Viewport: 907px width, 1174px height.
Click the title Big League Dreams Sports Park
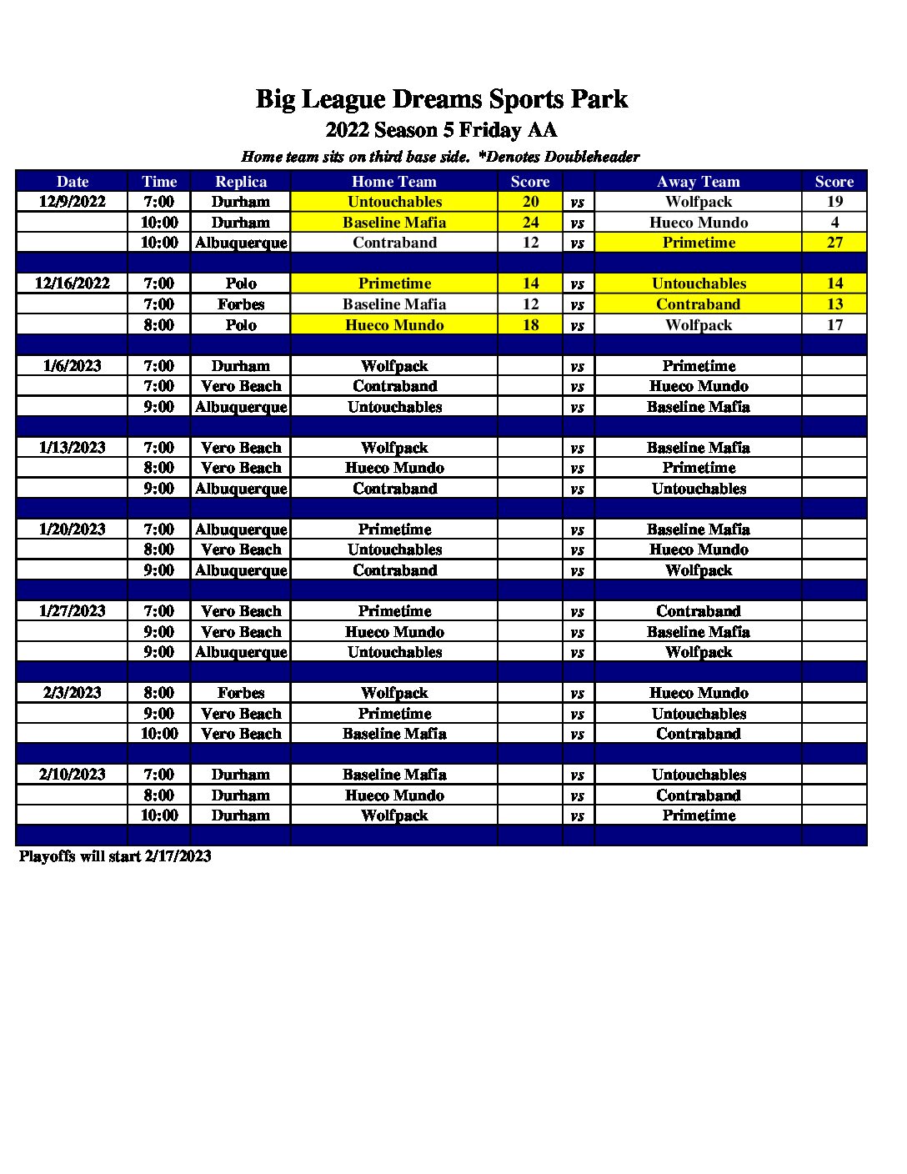point(441,99)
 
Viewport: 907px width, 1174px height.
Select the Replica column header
point(241,181)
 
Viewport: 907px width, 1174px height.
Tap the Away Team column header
point(698,181)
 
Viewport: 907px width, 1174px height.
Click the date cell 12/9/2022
point(73,201)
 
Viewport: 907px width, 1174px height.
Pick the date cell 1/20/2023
point(73,529)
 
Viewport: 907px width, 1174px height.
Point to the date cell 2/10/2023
point(73,774)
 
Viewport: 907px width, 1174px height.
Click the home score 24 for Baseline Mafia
point(530,222)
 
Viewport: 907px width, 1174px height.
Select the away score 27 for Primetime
point(834,243)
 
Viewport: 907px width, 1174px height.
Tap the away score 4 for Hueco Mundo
point(834,222)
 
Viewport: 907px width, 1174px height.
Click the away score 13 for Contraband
point(834,304)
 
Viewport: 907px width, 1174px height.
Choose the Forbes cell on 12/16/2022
point(241,304)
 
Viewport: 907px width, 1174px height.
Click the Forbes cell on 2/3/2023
point(241,692)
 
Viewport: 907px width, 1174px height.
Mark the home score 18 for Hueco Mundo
point(530,324)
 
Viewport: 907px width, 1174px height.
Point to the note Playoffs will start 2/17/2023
point(115,855)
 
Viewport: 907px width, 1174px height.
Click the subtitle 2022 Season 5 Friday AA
point(441,130)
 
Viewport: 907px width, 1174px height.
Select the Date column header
point(73,181)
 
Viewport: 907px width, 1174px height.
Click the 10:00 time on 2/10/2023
point(159,815)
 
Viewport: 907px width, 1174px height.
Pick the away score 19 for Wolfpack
point(834,201)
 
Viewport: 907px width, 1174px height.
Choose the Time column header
point(159,181)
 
